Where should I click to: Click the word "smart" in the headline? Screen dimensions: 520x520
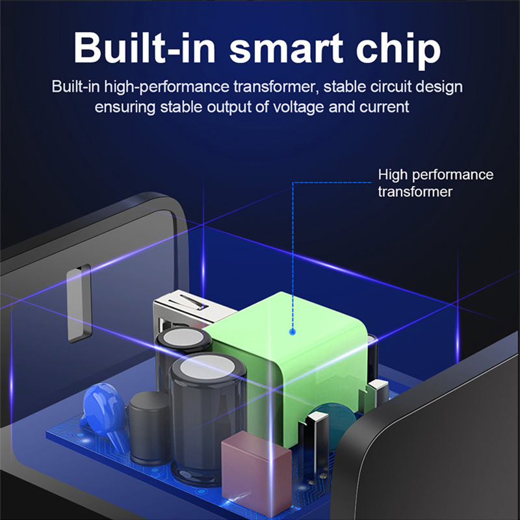point(286,49)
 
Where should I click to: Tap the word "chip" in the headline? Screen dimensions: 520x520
point(398,51)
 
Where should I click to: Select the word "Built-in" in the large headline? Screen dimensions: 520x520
point(144,47)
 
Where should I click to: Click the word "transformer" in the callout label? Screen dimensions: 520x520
point(415,192)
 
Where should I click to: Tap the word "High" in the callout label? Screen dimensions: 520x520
point(393,175)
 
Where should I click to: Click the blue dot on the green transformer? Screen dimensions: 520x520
point(292,331)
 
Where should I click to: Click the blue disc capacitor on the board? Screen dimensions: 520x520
point(103,409)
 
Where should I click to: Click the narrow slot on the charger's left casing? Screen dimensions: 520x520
point(79,303)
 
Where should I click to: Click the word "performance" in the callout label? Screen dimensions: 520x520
point(452,175)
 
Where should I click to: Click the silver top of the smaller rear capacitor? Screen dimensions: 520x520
point(183,337)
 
